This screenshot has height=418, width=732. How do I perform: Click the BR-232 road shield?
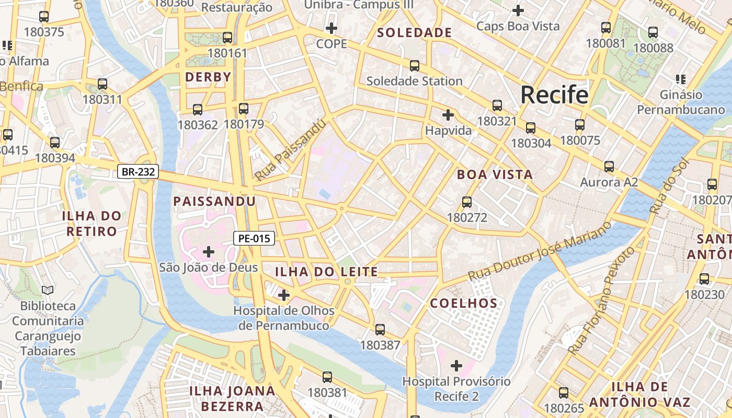coord(138,171)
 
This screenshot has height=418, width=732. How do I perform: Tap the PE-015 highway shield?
coord(254,239)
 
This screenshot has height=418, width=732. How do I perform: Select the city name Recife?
coord(554,95)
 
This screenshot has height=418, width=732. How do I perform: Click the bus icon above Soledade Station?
coord(415,65)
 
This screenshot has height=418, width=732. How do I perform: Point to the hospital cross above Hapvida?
coord(448,115)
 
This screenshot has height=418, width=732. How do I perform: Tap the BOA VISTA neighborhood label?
coord(495,175)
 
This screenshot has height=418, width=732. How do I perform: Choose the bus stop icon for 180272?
coord(467,202)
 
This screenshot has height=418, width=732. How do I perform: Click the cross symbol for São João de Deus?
coord(209,252)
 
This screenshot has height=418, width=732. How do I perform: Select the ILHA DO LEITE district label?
coord(326,272)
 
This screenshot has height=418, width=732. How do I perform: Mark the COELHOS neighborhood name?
coord(464,303)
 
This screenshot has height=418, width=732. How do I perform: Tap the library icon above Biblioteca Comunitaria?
coord(48,290)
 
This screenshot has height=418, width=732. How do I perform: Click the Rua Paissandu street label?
coord(291,150)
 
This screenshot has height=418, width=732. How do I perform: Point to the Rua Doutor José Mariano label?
coord(539,251)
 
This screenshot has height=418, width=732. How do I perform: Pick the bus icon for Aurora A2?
coord(609,167)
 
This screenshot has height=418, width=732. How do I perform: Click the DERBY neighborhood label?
coord(208,77)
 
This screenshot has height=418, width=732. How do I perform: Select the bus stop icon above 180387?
coord(380,330)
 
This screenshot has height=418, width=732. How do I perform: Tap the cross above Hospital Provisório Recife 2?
coord(456,366)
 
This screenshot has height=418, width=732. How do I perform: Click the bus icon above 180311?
coord(102,84)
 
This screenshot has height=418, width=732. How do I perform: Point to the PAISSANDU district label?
coord(214,201)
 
